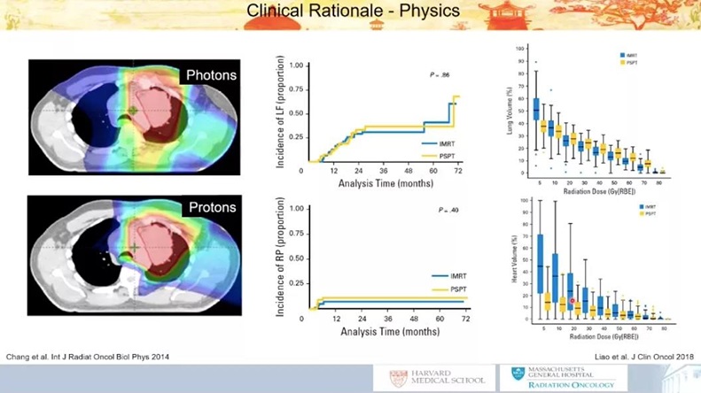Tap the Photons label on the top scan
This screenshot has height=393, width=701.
211,74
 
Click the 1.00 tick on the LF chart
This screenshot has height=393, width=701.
299,65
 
